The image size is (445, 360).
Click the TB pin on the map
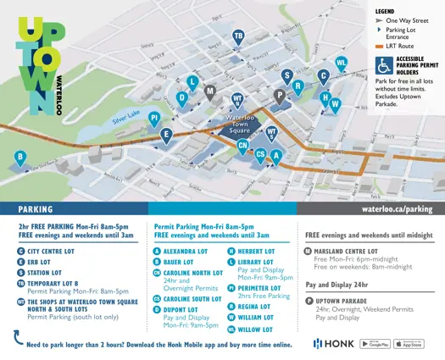point(238,36)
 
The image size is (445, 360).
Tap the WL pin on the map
point(341,64)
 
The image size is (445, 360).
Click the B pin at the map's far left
point(19,157)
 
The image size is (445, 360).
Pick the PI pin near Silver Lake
point(154,119)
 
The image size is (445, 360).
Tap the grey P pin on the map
point(280,96)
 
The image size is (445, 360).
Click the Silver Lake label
point(126,121)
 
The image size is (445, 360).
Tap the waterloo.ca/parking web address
point(396,208)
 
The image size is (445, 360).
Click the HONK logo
point(334,343)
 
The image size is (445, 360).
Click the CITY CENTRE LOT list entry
point(56,252)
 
